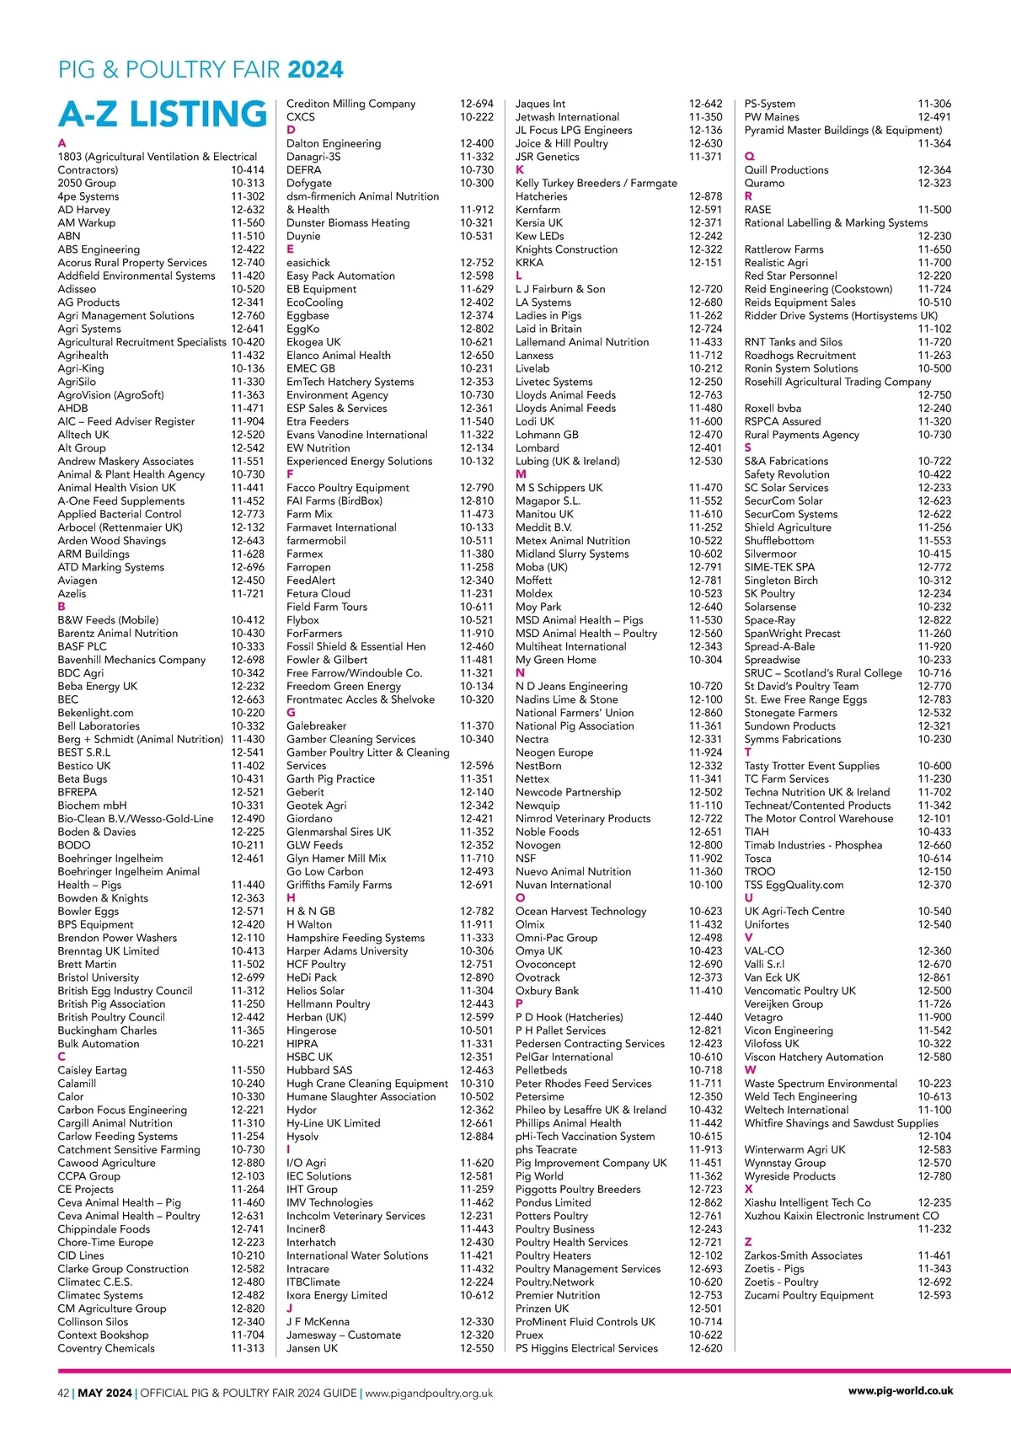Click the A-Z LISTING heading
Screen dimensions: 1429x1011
point(163,115)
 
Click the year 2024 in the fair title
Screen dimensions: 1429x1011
point(316,69)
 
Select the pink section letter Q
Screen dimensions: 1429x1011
point(750,157)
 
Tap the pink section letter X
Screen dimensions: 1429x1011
point(748,1189)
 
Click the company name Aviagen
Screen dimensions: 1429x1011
point(78,581)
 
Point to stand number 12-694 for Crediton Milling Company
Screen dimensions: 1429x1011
point(477,104)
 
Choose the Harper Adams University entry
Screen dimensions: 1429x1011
point(347,951)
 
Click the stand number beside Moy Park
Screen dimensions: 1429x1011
point(705,607)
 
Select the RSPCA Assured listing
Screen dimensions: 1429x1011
point(782,421)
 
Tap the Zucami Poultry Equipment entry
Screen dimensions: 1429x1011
point(809,1295)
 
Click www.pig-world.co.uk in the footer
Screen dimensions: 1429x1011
point(901,1391)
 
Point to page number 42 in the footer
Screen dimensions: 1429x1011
point(63,1393)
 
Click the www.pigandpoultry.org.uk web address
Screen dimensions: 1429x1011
point(429,1393)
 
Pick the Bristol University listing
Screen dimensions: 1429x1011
point(99,977)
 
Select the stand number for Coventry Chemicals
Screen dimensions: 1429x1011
point(248,1348)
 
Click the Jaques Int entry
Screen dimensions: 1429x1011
point(540,104)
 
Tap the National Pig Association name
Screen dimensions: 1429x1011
point(575,725)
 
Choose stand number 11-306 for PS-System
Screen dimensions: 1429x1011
point(934,104)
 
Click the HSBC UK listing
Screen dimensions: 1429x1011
point(309,1057)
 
